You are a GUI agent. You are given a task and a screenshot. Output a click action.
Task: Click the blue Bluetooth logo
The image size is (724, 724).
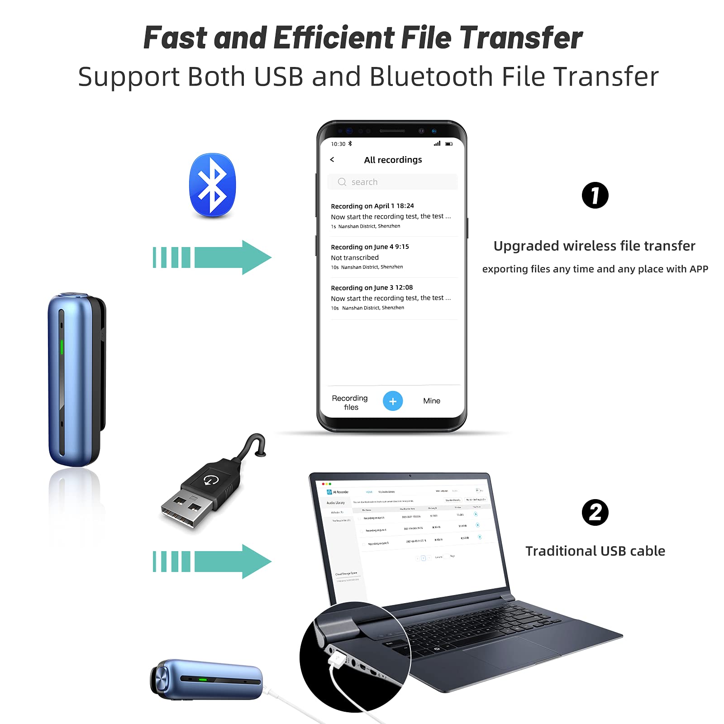pyautogui.click(x=212, y=186)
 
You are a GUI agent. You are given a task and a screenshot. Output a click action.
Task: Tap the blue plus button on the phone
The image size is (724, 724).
pyautogui.click(x=393, y=401)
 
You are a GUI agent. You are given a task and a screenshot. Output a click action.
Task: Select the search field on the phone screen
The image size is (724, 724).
pyautogui.click(x=392, y=182)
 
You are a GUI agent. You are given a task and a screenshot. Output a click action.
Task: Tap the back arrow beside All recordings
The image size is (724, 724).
pyautogui.click(x=332, y=160)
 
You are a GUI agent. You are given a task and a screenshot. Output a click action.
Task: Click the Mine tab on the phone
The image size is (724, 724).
pyautogui.click(x=431, y=401)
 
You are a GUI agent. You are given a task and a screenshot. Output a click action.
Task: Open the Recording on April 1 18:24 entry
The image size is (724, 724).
pyautogui.click(x=372, y=206)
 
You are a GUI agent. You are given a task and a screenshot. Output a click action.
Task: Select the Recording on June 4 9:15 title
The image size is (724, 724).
pyautogui.click(x=370, y=247)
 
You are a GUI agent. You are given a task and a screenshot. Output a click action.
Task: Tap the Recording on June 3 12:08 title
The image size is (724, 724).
pyautogui.click(x=372, y=287)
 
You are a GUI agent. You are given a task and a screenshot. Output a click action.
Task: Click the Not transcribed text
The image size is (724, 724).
pyautogui.click(x=355, y=257)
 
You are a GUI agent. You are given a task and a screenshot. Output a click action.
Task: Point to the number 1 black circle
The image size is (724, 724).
pyautogui.click(x=595, y=195)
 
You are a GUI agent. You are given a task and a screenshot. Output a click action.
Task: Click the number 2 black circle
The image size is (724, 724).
pyautogui.click(x=595, y=513)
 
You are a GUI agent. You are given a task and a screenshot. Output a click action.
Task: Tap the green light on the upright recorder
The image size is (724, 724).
pyautogui.click(x=62, y=348)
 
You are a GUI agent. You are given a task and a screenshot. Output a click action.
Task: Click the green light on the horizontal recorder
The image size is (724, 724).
pyautogui.click(x=203, y=679)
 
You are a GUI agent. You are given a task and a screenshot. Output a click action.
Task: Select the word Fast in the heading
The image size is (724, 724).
pyautogui.click(x=176, y=38)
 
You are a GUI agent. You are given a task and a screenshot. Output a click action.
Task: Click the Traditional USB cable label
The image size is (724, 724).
pyautogui.click(x=595, y=551)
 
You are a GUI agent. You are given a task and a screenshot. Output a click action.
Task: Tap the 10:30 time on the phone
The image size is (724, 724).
pyautogui.click(x=338, y=144)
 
